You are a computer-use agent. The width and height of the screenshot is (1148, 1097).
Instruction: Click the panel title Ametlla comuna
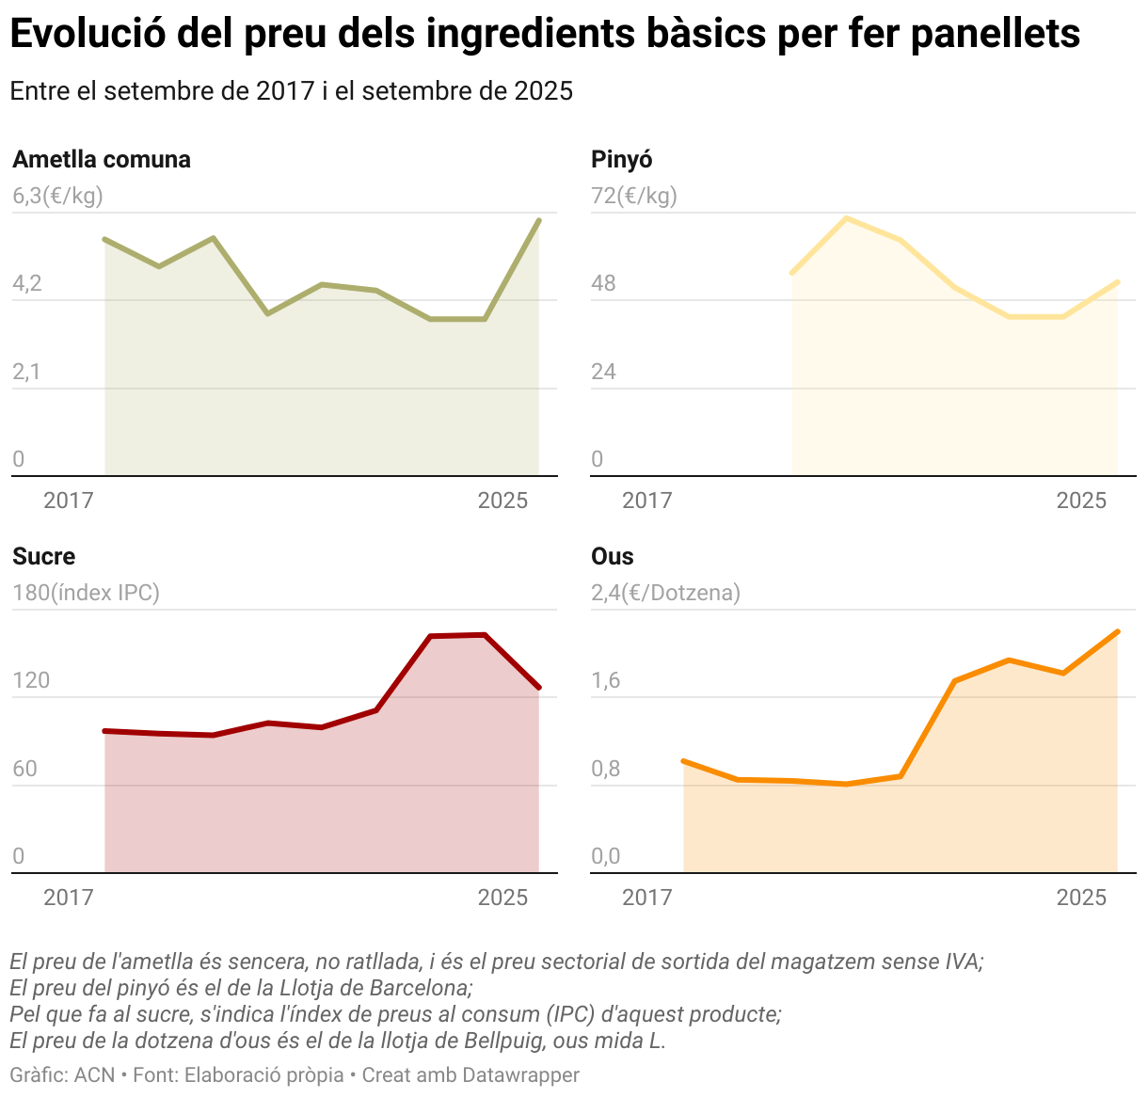(x=102, y=159)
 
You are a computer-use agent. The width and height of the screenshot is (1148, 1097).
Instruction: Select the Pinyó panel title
(x=621, y=159)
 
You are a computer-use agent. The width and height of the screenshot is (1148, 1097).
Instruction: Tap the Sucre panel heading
(x=43, y=556)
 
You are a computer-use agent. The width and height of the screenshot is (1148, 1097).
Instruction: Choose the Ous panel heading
(x=612, y=556)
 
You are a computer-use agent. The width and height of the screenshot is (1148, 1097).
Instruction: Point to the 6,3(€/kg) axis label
(x=57, y=196)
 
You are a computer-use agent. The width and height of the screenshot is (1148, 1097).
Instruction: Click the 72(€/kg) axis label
(x=633, y=196)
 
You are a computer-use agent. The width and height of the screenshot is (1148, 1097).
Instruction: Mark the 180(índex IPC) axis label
(x=86, y=593)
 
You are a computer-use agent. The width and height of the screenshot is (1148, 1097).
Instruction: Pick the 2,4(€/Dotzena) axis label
(x=665, y=593)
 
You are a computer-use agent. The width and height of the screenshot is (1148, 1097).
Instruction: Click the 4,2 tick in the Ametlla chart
(x=27, y=283)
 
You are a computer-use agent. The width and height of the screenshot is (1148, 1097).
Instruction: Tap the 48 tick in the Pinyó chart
(x=603, y=283)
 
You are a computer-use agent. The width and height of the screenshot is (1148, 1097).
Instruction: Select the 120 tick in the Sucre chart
(x=31, y=680)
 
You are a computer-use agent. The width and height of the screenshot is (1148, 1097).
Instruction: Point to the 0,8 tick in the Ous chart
(x=606, y=769)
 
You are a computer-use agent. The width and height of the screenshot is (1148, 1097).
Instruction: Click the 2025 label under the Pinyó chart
(x=1081, y=501)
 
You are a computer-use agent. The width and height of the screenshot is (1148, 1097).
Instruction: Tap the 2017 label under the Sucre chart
(x=69, y=898)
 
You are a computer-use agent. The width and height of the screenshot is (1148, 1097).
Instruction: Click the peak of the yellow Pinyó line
(x=847, y=218)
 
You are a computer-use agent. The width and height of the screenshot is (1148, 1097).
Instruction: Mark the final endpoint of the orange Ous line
(x=1117, y=631)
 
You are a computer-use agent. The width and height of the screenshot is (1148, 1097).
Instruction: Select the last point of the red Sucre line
(x=539, y=688)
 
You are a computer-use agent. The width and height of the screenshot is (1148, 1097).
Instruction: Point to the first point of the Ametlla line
(x=104, y=239)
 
